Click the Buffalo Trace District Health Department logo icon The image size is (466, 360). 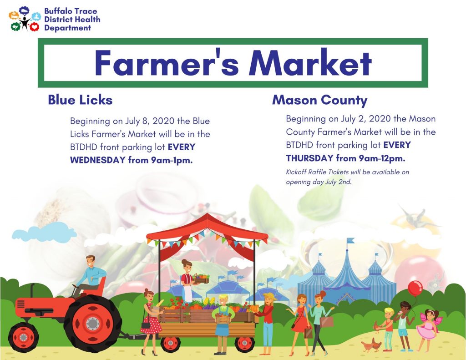[x=25, y=19]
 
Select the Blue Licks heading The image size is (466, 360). [x=80, y=100]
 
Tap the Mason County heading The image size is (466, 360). [x=320, y=101]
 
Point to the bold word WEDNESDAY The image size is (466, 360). [x=98, y=160]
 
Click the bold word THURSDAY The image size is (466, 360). [x=309, y=158]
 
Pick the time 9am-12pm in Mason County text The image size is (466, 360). [x=382, y=158]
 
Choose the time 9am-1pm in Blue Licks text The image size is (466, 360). [x=172, y=160]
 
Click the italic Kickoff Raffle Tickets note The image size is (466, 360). [x=347, y=177]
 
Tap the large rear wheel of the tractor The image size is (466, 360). [x=93, y=323]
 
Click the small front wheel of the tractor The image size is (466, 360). [x=24, y=337]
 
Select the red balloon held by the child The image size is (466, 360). [x=415, y=288]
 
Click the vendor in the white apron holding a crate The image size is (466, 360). [x=188, y=281]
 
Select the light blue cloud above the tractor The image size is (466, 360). [x=44, y=232]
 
